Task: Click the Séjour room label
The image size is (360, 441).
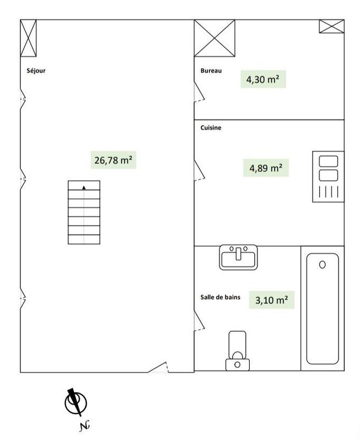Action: pos(36,71)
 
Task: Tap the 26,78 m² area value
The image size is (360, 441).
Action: pos(113,160)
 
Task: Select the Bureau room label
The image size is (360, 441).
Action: pos(211,71)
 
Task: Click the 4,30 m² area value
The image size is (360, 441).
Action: pos(262,79)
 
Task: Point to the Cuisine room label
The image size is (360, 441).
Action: pos(211,128)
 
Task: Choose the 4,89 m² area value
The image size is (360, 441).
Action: pos(266,168)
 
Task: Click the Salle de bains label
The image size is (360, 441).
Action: pos(221,297)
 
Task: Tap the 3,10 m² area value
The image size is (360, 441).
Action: pos(271,300)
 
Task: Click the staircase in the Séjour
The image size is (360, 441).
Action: pos(84,212)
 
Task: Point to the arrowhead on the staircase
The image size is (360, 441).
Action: pos(84,187)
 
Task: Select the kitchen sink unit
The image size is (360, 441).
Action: pos(329,176)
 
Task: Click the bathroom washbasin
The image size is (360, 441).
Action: pos(238,257)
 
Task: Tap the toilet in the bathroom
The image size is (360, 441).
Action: pos(238,351)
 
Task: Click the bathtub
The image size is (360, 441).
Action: pos(323,309)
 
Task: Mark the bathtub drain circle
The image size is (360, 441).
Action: pos(323,265)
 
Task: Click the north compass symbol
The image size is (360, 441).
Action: pos(75,403)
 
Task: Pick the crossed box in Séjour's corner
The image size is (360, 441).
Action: pos(28,38)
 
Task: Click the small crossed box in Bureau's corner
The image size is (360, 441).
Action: pos(331,26)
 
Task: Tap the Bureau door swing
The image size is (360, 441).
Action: pos(200,92)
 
